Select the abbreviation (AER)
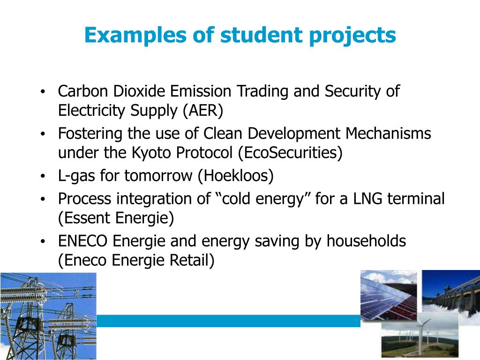point(203,111)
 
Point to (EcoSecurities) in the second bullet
point(290,152)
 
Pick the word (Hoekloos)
point(235,176)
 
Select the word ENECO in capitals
point(82,240)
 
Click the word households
point(366,240)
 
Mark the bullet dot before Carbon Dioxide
point(43,91)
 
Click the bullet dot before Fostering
point(43,134)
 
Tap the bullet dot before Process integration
point(43,199)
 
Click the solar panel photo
point(389,294)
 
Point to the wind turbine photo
point(420,336)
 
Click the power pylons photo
point(48,316)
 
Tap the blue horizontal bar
point(228,321)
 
